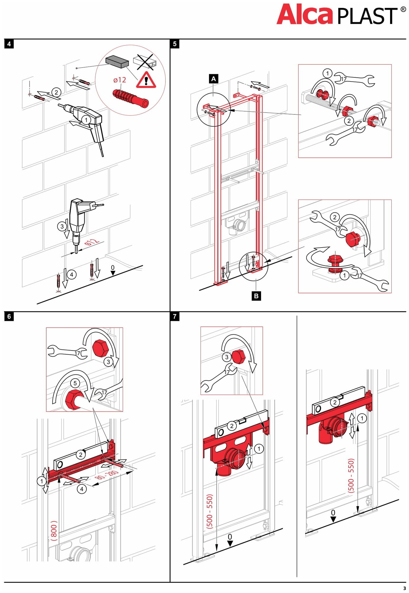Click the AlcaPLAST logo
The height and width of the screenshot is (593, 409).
340,15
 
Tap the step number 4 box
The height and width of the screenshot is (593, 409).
9,44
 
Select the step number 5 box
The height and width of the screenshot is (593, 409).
175,44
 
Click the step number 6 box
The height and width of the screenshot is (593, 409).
9,316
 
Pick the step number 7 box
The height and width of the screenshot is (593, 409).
175,316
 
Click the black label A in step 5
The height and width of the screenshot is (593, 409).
214,79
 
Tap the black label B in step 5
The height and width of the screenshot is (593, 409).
256,296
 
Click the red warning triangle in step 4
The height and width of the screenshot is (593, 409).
146,80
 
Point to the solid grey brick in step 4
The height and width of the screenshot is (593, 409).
117,61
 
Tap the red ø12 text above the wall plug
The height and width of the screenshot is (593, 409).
120,80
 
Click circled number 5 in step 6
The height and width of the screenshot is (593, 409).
75,383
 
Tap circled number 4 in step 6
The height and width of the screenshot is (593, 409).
82,489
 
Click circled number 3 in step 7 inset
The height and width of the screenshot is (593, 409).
227,357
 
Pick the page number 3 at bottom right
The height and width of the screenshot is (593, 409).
405,588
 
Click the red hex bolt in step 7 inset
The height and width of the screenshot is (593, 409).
239,357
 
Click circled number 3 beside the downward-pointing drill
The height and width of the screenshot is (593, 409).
62,227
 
